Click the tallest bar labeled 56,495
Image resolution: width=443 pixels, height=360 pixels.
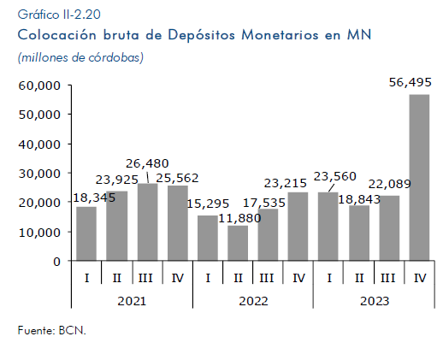tap(419, 177)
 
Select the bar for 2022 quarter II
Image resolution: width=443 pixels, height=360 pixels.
tap(238, 243)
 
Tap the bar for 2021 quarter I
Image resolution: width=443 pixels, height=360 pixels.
tap(86, 233)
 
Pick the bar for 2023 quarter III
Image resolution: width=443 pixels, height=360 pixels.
tap(389, 228)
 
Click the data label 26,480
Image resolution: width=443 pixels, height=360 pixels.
tap(147, 163)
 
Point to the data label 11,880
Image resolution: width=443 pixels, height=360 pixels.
tap(239, 218)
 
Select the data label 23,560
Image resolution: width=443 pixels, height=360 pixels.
tap(335, 176)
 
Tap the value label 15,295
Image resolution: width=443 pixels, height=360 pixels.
tap(208, 204)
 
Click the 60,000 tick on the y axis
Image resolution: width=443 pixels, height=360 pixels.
tap(39, 86)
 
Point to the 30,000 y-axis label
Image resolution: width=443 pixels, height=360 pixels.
tap(39, 174)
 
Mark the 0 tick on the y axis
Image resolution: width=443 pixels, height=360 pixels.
tap(56, 262)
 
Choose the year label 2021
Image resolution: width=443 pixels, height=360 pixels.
tap(132, 301)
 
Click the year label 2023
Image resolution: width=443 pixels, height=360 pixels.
tap(375, 301)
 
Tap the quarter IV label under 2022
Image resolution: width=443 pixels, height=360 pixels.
tap(298, 278)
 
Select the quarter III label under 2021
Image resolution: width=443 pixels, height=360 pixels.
tap(145, 278)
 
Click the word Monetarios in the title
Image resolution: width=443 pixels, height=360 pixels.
tap(280, 35)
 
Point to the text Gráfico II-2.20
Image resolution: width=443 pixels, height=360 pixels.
tap(59, 15)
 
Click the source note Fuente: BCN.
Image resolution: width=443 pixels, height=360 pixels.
tap(51, 330)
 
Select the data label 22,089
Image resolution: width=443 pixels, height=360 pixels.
tap(389, 184)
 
